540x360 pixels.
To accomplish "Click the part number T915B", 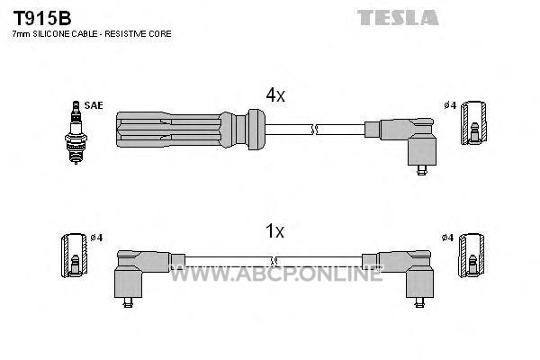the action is pyautogui.click(x=42, y=18).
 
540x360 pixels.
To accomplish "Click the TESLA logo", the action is pyautogui.click(x=398, y=18).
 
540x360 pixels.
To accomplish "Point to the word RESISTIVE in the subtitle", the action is pyautogui.click(x=126, y=34).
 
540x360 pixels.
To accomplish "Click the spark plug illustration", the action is pyautogui.click(x=76, y=132).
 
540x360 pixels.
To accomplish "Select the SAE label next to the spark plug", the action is pyautogui.click(x=94, y=105).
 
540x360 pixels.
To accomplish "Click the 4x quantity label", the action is pyautogui.click(x=275, y=94).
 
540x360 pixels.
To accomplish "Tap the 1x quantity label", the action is pyautogui.click(x=274, y=230).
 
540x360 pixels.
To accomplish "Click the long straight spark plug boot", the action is pyautogui.click(x=191, y=130).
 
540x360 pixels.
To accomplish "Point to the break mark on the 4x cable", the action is pyautogui.click(x=314, y=130).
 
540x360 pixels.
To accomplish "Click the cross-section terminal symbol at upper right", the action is pyautogui.click(x=474, y=123).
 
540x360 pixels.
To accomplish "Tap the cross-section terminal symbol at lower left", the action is pyautogui.click(x=74, y=256).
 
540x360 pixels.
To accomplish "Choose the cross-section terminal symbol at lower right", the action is pyautogui.click(x=471, y=255).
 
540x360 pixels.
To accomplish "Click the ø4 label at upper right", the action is pyautogui.click(x=450, y=105).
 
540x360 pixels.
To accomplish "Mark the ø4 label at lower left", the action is pyautogui.click(x=96, y=238).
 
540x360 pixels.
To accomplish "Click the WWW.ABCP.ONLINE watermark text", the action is pyautogui.click(x=276, y=274).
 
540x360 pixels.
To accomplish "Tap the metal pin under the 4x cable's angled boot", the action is pyautogui.click(x=421, y=170).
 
